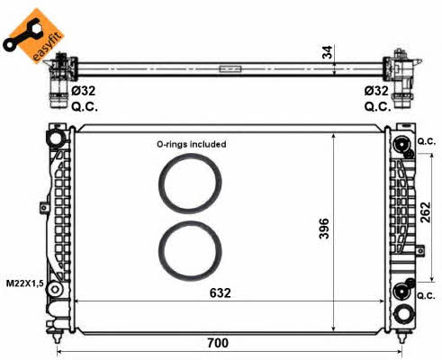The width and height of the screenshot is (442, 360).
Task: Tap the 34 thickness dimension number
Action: [x=328, y=52]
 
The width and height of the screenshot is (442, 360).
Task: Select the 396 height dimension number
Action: [x=324, y=229]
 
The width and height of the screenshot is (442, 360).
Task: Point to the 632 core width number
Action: [x=221, y=292]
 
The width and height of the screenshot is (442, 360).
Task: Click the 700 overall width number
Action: [x=218, y=343]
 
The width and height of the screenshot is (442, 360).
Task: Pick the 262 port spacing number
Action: [x=425, y=212]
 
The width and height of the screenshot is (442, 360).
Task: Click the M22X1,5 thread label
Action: [x=25, y=283]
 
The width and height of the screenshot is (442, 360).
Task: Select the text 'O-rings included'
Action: [x=192, y=144]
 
